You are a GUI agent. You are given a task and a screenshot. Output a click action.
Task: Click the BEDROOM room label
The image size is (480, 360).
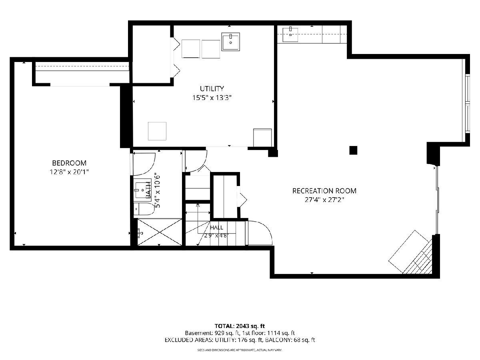(x=69, y=163)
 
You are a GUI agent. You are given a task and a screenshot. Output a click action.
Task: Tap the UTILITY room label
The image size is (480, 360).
(x=212, y=88)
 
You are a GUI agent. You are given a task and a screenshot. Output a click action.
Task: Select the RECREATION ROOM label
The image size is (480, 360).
(x=324, y=191)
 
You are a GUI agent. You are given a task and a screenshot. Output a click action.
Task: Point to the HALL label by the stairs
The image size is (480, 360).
(x=216, y=228)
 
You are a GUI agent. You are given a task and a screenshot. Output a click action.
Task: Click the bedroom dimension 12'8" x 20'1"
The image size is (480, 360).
(x=69, y=172)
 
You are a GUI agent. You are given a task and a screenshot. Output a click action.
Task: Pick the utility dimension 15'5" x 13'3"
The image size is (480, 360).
(x=212, y=98)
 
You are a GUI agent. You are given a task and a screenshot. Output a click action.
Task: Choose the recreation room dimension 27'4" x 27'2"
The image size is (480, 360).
(x=324, y=200)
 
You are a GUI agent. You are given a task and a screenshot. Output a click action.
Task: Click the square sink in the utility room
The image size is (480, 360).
(x=230, y=42)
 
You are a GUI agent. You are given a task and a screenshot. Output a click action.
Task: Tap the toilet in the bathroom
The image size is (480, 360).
(x=143, y=209)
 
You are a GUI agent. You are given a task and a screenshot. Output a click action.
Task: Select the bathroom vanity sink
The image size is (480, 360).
(x=142, y=190)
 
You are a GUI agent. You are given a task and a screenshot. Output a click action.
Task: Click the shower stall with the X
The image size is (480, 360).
(x=160, y=232)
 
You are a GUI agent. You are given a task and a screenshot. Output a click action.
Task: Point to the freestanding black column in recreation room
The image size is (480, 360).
(x=353, y=150)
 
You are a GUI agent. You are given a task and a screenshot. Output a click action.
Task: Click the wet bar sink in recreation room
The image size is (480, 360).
(x=290, y=34)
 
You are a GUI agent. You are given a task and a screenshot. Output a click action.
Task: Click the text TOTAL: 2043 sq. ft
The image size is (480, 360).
(x=240, y=326)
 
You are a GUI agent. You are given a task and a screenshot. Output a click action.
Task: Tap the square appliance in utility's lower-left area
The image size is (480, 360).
(x=157, y=131)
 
